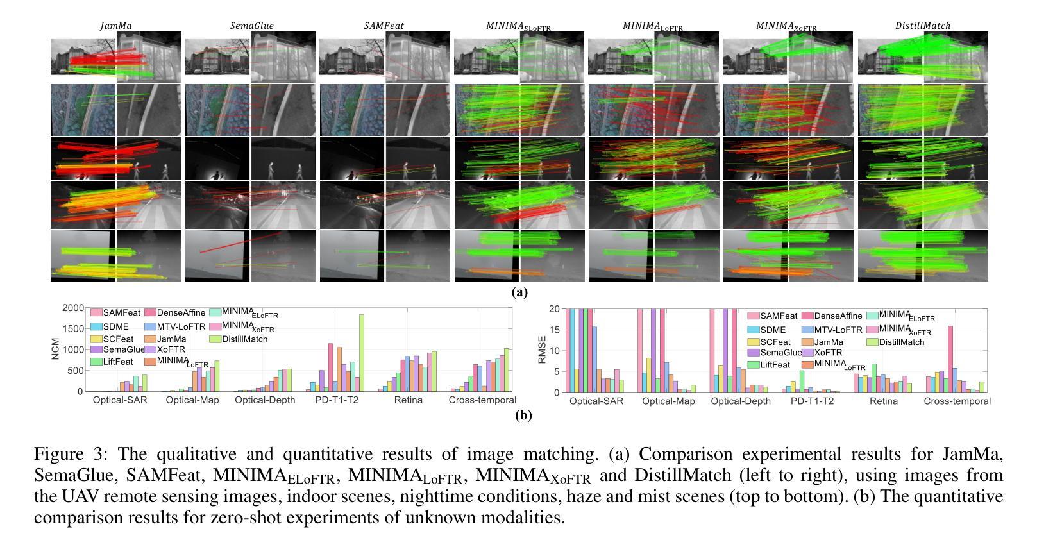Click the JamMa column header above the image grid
(116, 26)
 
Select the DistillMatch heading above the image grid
(923, 26)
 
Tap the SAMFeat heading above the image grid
(384, 26)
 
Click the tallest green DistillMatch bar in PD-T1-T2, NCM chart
(361, 353)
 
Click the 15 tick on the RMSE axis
(555, 330)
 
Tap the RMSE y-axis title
(542, 349)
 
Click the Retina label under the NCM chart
(408, 400)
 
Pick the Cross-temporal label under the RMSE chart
(957, 401)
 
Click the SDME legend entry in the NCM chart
(115, 326)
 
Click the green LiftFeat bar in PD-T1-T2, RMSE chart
(802, 381)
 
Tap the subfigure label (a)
(519, 292)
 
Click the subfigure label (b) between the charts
(523, 415)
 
